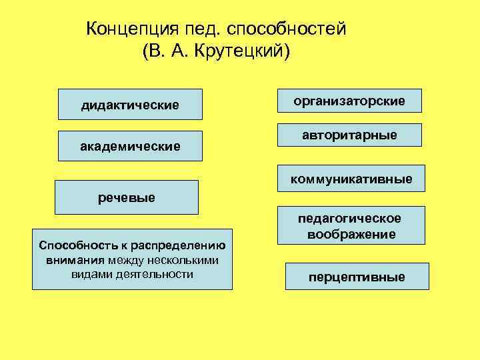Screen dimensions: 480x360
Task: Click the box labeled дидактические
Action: click(x=130, y=105)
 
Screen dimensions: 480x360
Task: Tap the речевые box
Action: click(x=127, y=197)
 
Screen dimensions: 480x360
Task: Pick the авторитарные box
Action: click(x=349, y=135)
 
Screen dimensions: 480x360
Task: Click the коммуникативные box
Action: click(x=351, y=179)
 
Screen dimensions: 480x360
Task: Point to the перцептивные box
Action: click(x=357, y=277)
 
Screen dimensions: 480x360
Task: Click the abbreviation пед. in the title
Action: click(x=203, y=30)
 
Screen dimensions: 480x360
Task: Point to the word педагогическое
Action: click(x=349, y=219)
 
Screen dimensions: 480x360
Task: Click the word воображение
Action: click(x=351, y=234)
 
